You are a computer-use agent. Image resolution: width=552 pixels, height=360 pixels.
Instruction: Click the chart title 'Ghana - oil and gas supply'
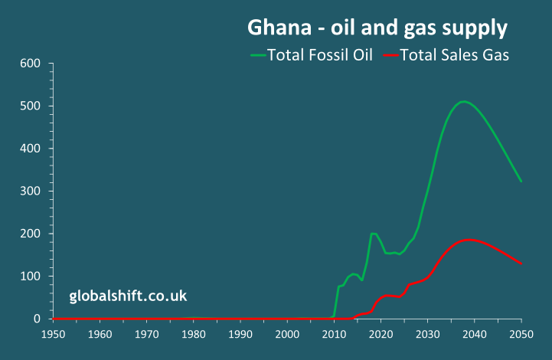point(377,28)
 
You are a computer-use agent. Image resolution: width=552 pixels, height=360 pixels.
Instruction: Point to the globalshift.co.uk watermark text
point(128,296)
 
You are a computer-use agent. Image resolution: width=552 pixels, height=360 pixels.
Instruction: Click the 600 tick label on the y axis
point(30,63)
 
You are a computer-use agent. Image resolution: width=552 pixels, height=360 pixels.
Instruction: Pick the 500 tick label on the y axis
point(30,105)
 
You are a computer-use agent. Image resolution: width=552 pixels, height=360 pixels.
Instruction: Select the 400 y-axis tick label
point(30,148)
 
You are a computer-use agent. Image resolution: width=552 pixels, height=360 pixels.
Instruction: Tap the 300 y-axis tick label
point(30,191)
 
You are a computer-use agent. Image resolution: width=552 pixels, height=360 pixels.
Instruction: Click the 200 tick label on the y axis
point(30,234)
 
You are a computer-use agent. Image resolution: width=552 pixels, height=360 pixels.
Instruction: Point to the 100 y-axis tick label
point(30,276)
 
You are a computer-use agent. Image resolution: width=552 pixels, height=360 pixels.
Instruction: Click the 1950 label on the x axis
point(52,334)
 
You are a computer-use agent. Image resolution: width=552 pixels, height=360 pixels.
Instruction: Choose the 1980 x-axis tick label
point(193,334)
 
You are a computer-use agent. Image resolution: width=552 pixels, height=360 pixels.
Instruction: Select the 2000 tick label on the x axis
point(287,334)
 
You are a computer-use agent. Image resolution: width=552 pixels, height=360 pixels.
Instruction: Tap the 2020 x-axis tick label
point(381,334)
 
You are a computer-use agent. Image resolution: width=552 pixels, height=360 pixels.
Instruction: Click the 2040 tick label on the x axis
point(474,334)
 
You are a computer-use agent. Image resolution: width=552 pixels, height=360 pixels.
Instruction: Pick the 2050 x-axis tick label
point(521,334)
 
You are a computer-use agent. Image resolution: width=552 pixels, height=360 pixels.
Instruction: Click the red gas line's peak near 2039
point(469,240)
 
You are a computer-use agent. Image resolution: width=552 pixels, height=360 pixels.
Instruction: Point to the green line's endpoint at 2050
point(521,182)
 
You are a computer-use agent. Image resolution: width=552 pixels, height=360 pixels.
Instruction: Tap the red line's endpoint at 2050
point(521,264)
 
